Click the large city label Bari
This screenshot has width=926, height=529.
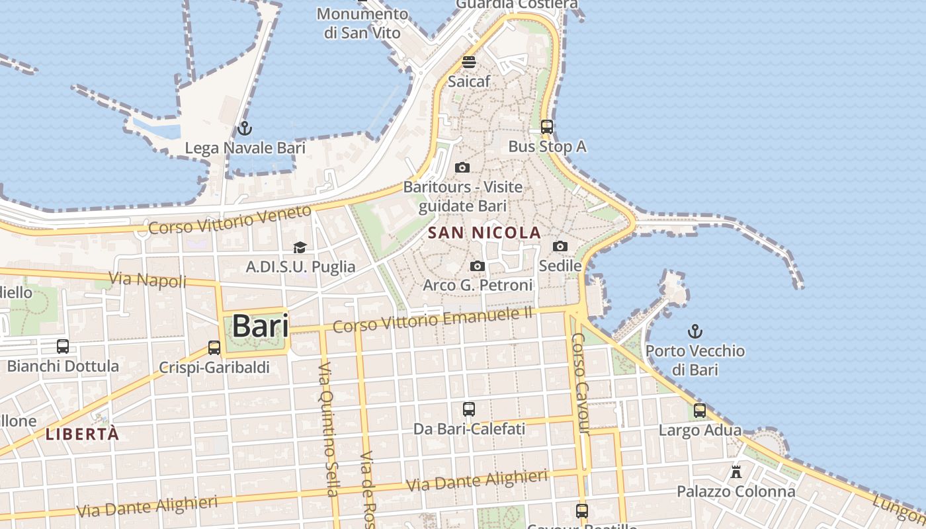pos(260,326)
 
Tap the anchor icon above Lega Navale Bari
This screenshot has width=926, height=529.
pos(245,128)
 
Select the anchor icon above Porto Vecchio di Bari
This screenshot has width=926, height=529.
pos(694,331)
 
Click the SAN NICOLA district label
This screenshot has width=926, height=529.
pos(484,233)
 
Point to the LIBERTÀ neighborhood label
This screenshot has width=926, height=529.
pos(83,434)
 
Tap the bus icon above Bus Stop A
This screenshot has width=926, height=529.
pos(547,126)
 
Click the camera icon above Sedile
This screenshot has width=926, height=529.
pos(560,246)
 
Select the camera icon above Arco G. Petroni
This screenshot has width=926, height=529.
pos(477,266)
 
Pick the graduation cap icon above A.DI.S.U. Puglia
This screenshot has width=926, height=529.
pos(300,247)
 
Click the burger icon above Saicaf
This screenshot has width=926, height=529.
pos(469,62)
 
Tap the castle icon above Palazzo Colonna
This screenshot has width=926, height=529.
pos(736,472)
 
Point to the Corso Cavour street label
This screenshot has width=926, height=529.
pos(579,384)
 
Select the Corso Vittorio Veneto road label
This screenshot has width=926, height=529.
pos(230,220)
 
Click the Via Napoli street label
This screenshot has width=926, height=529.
pos(147,279)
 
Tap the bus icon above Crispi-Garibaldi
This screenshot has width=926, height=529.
pos(214,347)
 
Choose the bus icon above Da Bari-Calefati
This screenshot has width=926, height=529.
pos(469,409)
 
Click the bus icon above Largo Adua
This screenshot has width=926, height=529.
pos(700,411)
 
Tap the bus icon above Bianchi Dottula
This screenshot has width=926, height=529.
pos(63,346)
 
